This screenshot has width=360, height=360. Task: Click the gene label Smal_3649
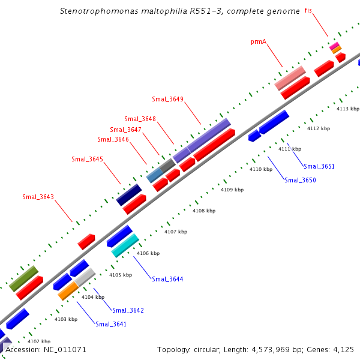click(x=167, y=99)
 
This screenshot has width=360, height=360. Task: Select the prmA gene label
click(x=259, y=42)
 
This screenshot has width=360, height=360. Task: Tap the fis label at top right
click(x=308, y=11)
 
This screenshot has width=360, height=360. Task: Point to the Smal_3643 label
click(x=38, y=197)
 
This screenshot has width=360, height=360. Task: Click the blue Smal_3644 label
click(x=167, y=279)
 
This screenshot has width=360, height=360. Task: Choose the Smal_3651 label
click(x=319, y=166)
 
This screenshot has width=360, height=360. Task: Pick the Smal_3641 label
click(x=111, y=324)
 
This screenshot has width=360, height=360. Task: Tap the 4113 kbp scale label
click(x=347, y=109)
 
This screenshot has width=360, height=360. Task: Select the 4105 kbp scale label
click(x=120, y=275)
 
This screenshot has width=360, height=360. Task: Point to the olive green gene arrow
click(x=24, y=278)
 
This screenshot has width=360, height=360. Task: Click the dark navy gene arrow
click(x=129, y=194)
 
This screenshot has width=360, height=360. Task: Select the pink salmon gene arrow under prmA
click(x=290, y=78)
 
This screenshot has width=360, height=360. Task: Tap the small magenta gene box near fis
click(x=334, y=46)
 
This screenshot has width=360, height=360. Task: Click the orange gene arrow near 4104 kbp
click(x=68, y=291)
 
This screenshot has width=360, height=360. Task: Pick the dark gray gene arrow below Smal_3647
click(x=167, y=166)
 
